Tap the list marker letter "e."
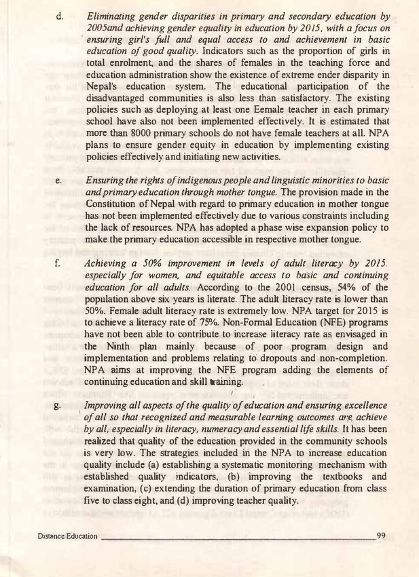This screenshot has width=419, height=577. [x=58, y=181]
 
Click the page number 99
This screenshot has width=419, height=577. [x=380, y=536]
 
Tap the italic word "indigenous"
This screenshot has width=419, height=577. [x=194, y=181]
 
